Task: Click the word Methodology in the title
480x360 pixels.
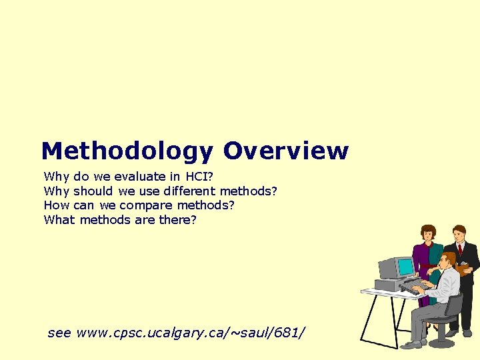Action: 127,151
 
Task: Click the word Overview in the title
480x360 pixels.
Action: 285,151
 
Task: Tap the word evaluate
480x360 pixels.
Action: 140,177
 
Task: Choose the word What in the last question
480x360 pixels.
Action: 59,219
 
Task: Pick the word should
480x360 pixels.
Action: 93,191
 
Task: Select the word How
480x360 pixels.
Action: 57,205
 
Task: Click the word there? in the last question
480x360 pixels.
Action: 178,219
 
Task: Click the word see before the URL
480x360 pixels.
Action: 59,332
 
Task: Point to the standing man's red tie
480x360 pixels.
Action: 459,250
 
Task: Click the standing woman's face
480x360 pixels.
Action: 428,234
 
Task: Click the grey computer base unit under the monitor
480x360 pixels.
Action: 389,285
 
